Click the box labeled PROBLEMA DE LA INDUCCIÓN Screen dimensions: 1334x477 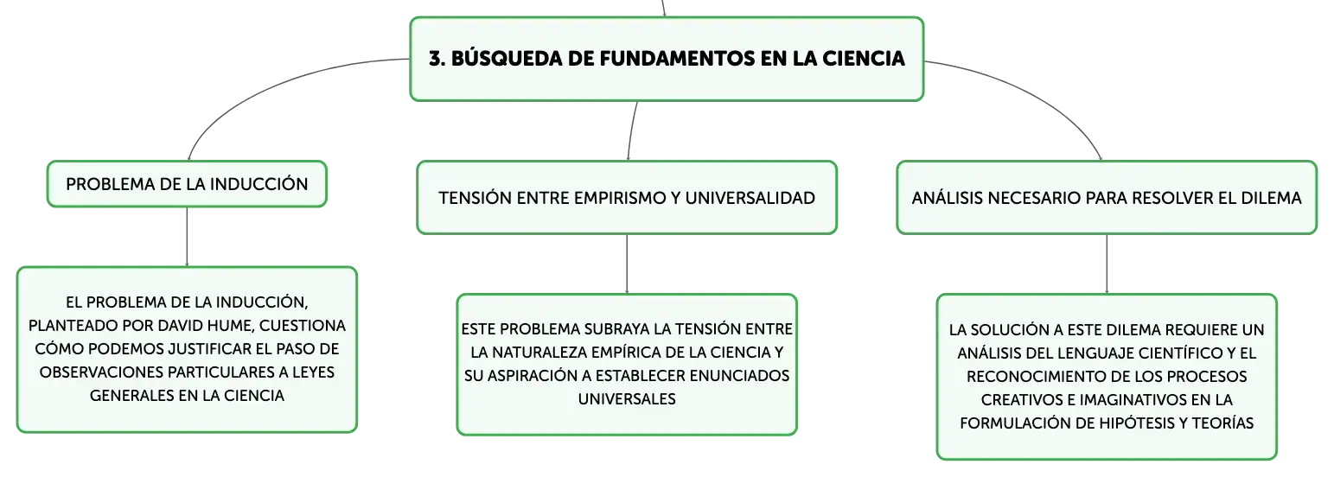(x=187, y=184)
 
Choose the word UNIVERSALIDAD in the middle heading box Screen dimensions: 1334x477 (x=750, y=198)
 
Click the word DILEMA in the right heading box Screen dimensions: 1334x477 (x=1272, y=198)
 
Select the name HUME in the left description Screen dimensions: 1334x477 (x=233, y=326)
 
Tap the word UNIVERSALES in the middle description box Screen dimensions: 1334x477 (x=627, y=399)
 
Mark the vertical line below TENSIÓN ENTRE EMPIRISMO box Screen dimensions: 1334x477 (x=627, y=264)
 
